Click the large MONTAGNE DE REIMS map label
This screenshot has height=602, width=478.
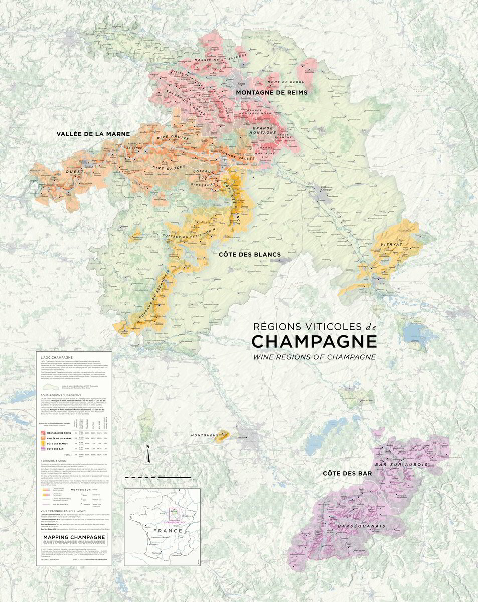271,93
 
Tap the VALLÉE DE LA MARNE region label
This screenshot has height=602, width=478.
93,134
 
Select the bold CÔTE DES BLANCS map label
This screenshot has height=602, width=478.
249,255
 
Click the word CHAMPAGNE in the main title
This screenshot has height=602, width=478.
314,341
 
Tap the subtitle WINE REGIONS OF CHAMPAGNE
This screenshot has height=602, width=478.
314,357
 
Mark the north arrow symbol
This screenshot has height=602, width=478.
148,455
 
